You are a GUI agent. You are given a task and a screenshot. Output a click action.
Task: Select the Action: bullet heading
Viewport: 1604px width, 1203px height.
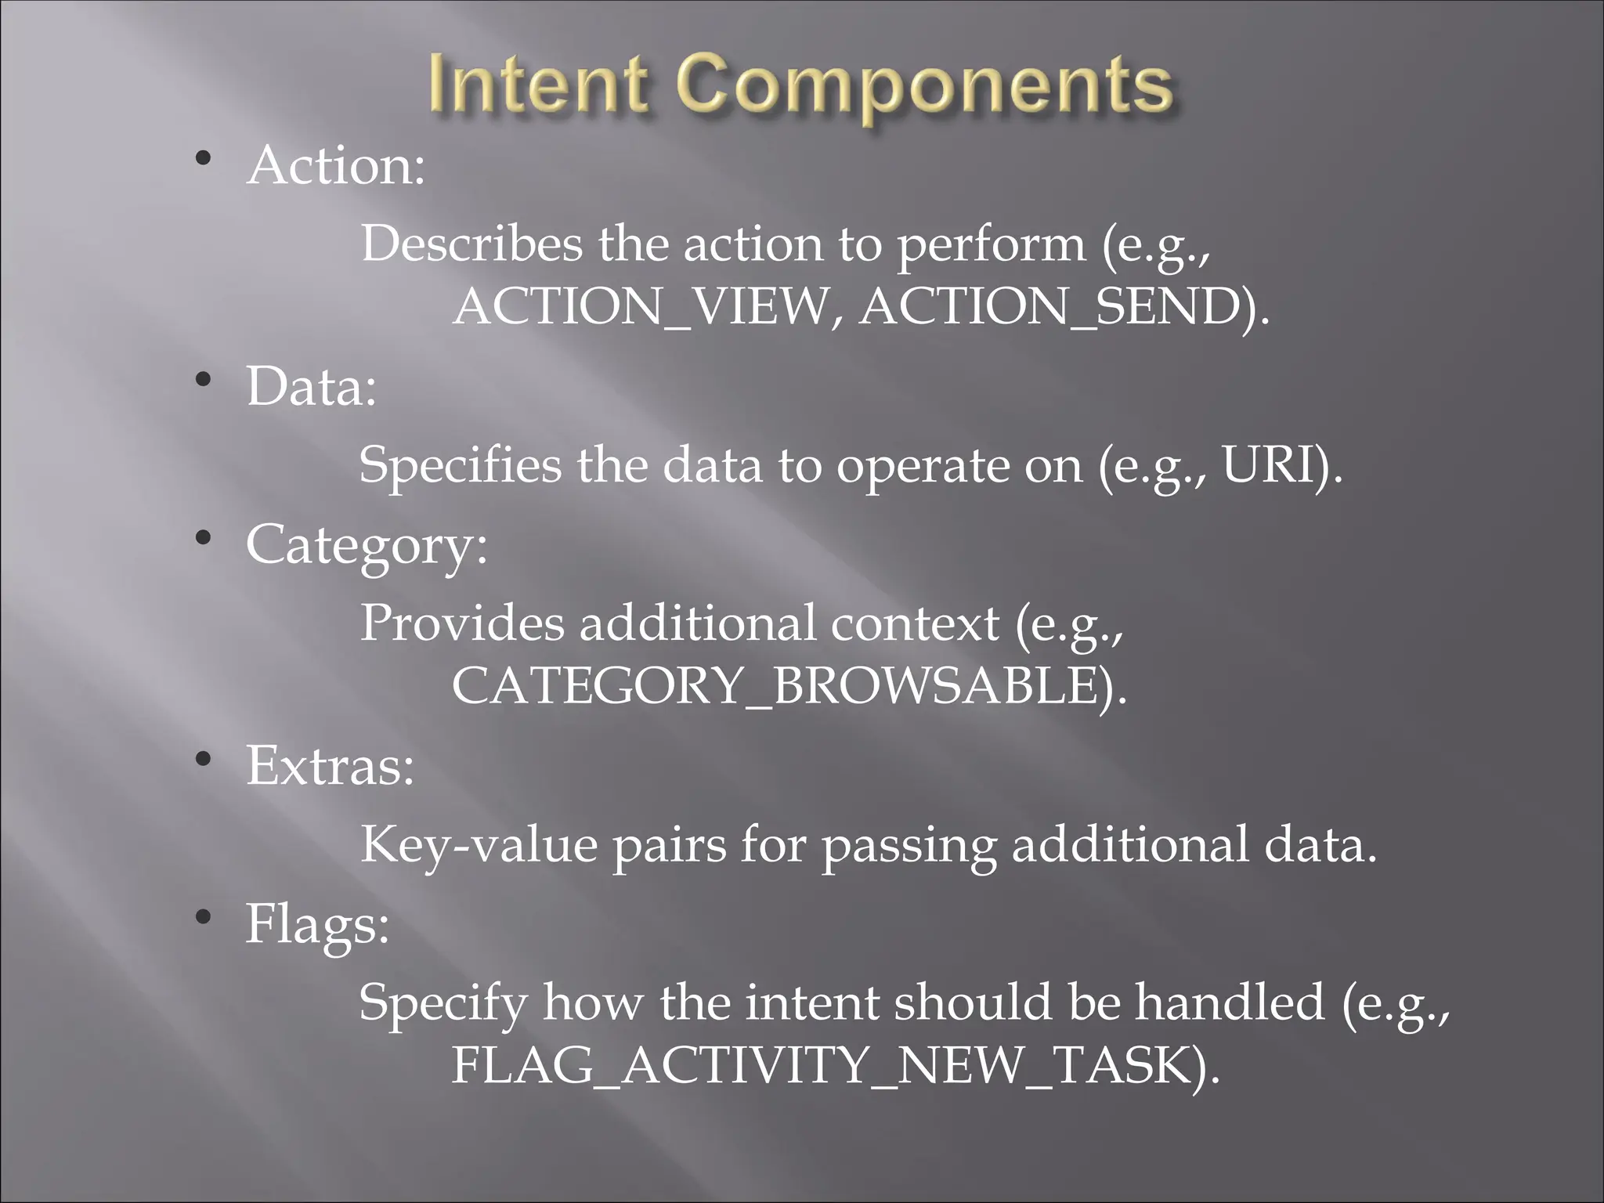pos(336,166)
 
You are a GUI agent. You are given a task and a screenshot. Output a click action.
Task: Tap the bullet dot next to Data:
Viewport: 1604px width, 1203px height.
pos(204,381)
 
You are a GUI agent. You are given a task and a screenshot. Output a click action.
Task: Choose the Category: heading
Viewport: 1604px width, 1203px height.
pos(366,545)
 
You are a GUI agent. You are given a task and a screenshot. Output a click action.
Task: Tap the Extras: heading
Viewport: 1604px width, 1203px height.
pos(330,765)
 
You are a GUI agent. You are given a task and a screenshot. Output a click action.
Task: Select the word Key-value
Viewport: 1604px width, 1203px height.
pos(478,845)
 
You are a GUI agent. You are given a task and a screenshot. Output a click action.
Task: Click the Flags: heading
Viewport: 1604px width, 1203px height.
pos(317,924)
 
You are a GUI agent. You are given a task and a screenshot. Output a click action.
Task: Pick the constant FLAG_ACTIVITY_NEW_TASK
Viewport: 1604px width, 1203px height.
pos(822,1066)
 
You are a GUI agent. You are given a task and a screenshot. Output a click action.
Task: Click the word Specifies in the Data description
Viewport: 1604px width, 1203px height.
pos(460,465)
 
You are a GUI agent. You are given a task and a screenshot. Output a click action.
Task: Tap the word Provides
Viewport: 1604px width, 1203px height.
pos(461,623)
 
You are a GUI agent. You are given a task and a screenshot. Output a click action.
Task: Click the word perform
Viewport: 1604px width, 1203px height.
pos(991,245)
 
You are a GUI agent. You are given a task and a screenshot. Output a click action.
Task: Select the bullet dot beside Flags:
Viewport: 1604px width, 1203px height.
pos(204,917)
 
